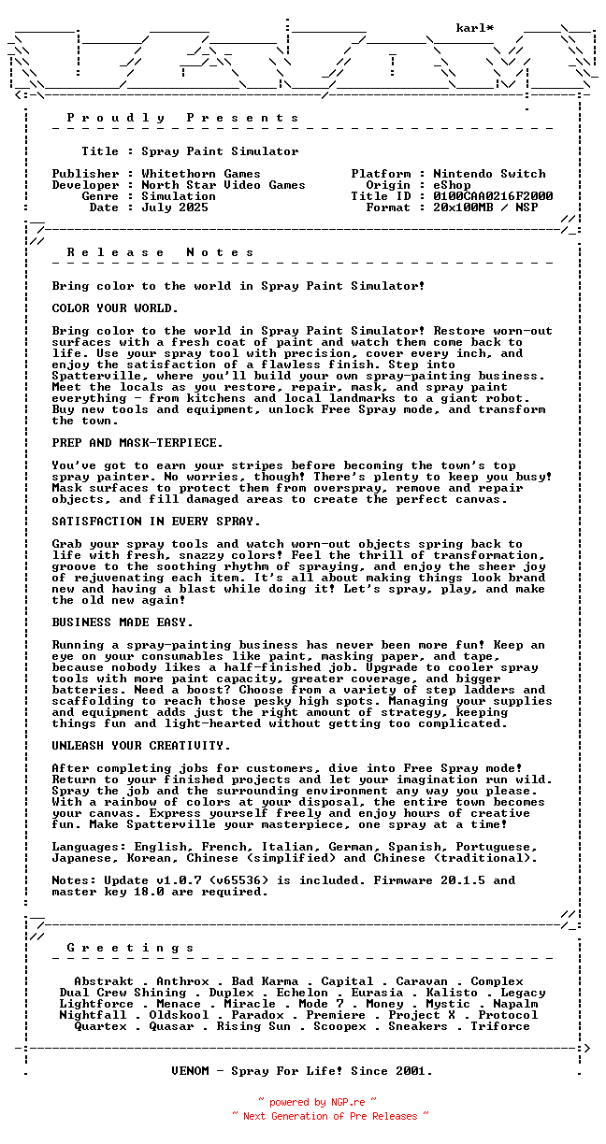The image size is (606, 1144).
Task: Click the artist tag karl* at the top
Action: [x=475, y=28]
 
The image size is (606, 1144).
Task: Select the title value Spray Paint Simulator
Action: [x=220, y=151]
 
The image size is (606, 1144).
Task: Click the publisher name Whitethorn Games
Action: [x=201, y=174]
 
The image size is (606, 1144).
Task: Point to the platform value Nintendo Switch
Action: [x=489, y=174]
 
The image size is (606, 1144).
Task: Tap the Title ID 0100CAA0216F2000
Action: [x=493, y=196]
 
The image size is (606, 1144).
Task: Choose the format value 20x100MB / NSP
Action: [x=485, y=207]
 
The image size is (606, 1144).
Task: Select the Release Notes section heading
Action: [x=160, y=252]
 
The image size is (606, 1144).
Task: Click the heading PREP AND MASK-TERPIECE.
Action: [x=137, y=443]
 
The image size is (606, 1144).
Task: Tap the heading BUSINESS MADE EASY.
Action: [x=123, y=622]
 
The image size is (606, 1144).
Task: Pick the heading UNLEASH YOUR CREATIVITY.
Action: [x=141, y=746]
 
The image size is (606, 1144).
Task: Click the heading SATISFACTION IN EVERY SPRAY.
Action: [x=156, y=522]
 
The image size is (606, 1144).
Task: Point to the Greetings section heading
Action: [x=130, y=948]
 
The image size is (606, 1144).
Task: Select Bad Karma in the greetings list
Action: [x=265, y=981]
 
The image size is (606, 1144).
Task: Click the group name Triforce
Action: [x=500, y=1026]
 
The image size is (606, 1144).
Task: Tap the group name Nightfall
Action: [x=93, y=1015]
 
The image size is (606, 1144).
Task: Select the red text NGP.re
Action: [x=346, y=1103]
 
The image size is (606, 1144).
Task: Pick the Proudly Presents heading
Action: [x=182, y=118]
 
